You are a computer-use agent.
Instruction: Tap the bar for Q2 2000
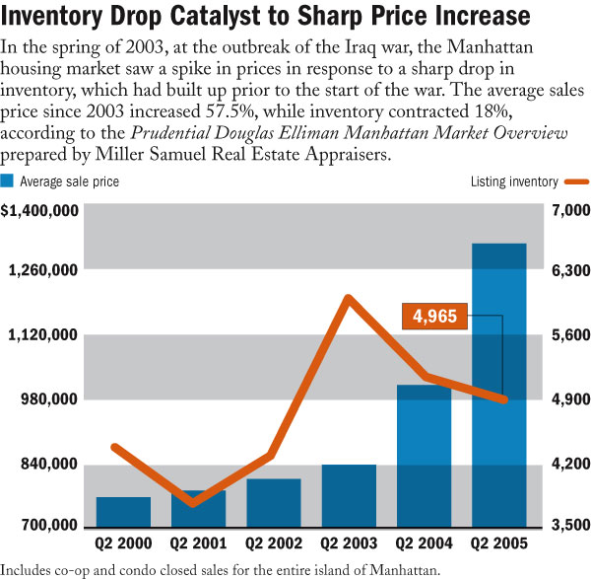[x=123, y=511]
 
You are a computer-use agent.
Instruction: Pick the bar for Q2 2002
[x=274, y=502]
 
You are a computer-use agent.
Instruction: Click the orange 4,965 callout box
[x=434, y=317]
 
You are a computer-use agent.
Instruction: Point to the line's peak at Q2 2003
[x=348, y=297]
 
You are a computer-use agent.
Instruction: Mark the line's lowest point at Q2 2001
[x=194, y=503]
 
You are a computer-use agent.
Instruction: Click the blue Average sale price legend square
[x=8, y=181]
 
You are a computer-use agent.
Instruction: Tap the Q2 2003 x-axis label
[x=349, y=543]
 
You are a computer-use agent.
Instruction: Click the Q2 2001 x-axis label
[x=198, y=543]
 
